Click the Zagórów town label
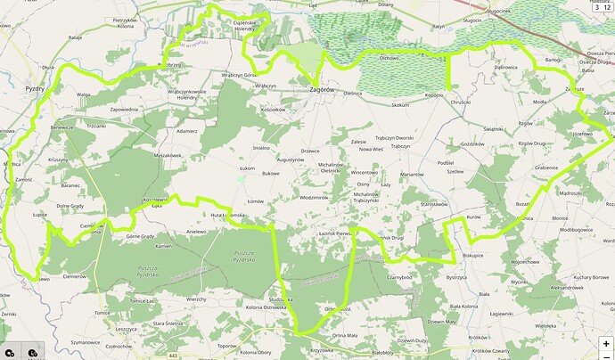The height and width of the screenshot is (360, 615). tap(322, 88)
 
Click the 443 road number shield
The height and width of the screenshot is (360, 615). tap(173, 356)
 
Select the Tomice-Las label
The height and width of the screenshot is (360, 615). tap(141, 301)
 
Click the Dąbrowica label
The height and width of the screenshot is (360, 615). tap(505, 67)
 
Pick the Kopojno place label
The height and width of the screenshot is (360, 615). tap(434, 95)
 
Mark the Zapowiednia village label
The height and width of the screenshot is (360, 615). tap(124, 110)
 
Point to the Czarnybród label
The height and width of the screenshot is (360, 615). tap(399, 277)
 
